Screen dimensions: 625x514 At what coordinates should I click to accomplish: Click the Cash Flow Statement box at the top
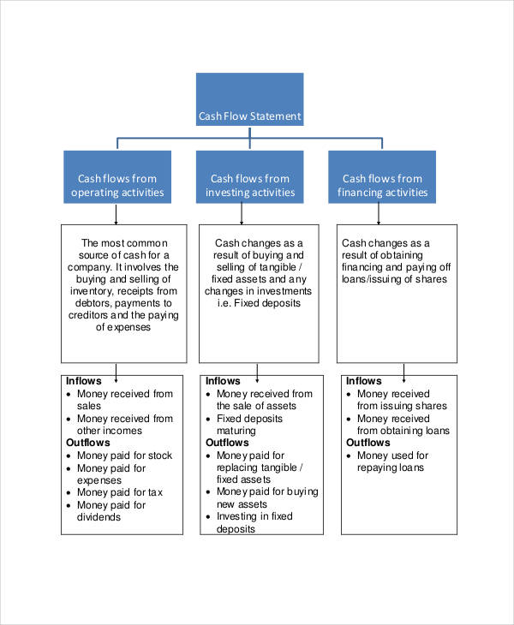pos(249,100)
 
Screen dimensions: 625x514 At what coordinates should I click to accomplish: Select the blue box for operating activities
pos(117,177)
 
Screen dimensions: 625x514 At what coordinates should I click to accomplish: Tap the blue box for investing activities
pos(249,177)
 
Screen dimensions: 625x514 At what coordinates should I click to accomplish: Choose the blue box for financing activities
pos(382,177)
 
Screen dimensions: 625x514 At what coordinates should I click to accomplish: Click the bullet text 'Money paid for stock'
pos(124,455)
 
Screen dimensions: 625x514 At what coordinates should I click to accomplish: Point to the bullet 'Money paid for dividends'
pos(111,511)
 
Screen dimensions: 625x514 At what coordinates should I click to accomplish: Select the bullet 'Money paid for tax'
pos(119,492)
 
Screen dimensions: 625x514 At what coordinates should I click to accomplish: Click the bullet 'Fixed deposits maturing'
pos(248,425)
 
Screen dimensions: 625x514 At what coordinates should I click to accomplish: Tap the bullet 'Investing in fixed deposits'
pos(254,522)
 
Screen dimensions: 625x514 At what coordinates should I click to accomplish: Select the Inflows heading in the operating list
pos(84,381)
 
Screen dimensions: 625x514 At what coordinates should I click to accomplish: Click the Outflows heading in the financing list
pos(368,443)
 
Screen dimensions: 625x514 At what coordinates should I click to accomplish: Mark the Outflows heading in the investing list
pos(228,443)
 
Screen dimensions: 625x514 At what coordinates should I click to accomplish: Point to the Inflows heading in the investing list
pos(224,381)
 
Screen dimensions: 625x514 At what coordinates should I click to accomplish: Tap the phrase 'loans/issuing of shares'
pos(393,279)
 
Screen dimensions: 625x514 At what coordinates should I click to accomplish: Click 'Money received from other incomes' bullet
pos(124,425)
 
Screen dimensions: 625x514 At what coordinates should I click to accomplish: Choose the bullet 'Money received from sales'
pos(124,400)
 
